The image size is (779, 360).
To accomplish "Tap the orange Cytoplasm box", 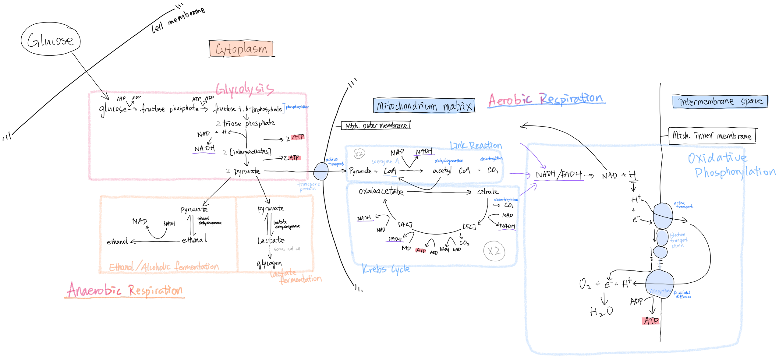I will click(x=241, y=49).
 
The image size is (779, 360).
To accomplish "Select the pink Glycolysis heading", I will click(x=245, y=89).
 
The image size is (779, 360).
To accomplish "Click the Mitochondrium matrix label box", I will click(x=424, y=106).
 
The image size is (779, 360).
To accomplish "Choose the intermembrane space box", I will click(x=720, y=101).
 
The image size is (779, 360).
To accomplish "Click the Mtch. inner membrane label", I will click(x=712, y=136).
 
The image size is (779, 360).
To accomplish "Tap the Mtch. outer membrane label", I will click(x=376, y=125).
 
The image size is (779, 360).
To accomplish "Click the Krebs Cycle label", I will click(x=386, y=269).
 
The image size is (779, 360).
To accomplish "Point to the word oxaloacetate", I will click(x=381, y=191).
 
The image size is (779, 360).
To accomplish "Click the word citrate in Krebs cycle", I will click(x=487, y=192).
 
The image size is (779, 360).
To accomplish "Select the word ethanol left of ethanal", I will click(x=117, y=242).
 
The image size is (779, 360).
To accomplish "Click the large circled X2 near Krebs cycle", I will click(x=494, y=251).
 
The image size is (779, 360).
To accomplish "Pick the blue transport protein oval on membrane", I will click(x=321, y=171).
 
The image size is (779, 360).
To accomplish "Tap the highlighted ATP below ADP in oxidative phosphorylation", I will click(x=651, y=321).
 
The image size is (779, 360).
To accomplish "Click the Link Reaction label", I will click(x=476, y=146).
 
